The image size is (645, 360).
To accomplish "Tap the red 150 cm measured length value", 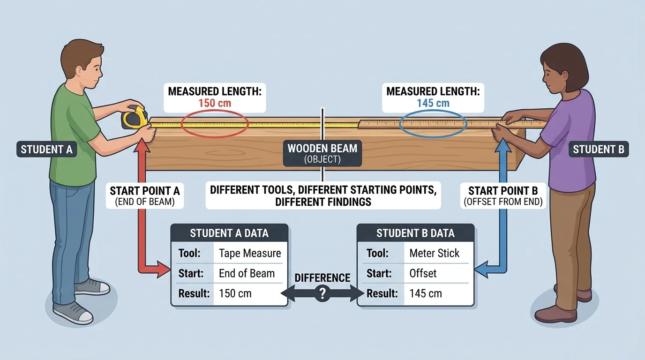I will coord(215,103).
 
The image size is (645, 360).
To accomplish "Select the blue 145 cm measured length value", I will coord(433,103).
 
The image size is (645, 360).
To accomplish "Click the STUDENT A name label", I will coord(46,150).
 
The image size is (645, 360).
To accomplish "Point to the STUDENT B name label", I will coord(599,150).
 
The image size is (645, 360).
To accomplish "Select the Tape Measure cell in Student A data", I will coord(250,254).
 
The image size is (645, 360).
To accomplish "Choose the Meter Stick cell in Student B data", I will coord(435,254).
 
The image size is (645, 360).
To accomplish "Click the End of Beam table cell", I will coord(247,273).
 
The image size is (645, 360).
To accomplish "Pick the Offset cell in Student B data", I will coord(423,273).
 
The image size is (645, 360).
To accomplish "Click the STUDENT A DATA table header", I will coord(229,233).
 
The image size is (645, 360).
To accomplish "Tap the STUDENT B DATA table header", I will coord(415,233).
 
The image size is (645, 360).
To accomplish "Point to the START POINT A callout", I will coord(144,195).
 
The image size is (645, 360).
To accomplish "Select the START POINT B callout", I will coord(503,195).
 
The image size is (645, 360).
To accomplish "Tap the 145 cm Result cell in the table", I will coord(426,294).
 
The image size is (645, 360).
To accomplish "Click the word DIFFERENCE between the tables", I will coord(322,278).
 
